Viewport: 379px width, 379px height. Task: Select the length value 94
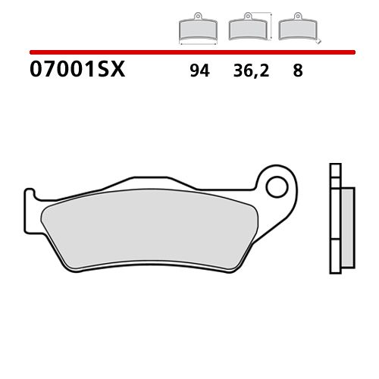[x=199, y=71]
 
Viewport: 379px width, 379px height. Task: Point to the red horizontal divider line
[x=189, y=52]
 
